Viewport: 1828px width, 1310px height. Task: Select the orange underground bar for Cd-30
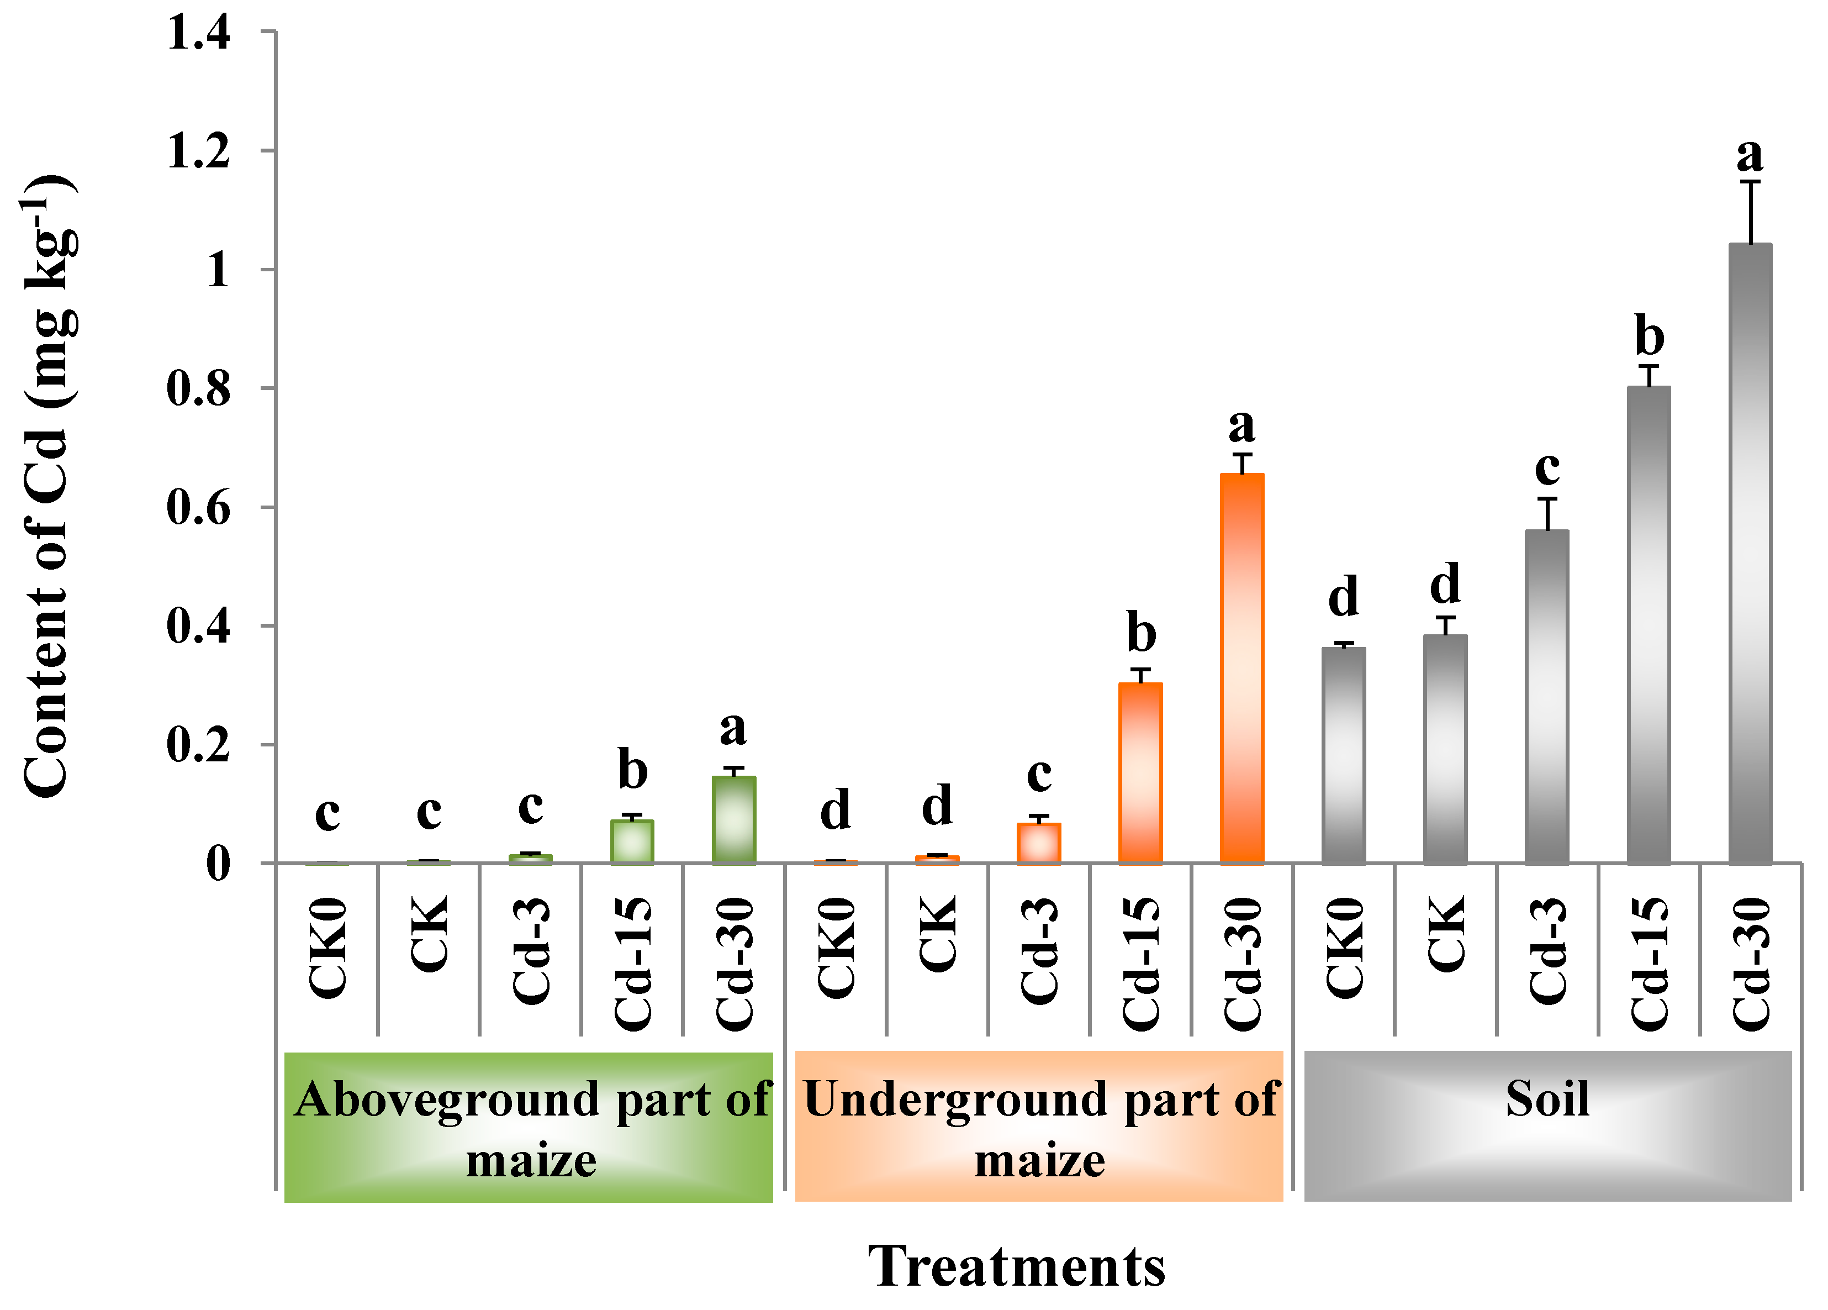[1242, 669]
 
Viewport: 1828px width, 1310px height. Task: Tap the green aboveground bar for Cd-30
[733, 820]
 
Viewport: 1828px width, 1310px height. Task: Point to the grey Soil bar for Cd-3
[1547, 697]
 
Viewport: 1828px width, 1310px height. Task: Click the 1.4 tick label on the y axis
[198, 34]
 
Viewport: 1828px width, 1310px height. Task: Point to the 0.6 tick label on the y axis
[198, 508]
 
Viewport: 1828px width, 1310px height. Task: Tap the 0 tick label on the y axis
[218, 864]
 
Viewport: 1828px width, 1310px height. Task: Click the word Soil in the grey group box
[1547, 1099]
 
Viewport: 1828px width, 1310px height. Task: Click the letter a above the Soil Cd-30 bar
[1750, 155]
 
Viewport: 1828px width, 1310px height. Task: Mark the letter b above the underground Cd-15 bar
[1140, 633]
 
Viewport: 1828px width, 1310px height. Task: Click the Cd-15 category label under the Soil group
[1649, 964]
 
